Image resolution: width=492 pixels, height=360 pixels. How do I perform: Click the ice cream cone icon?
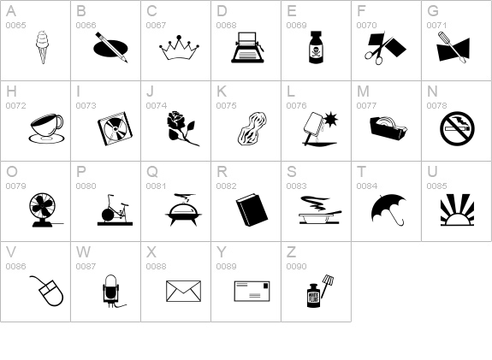(x=41, y=46)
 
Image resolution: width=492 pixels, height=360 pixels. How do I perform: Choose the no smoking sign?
(x=456, y=129)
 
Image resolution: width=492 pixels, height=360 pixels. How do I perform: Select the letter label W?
(x=83, y=252)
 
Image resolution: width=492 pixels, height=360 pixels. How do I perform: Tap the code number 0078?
(x=436, y=106)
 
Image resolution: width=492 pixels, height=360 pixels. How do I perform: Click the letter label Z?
(x=291, y=252)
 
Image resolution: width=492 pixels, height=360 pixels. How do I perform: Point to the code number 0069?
(x=296, y=26)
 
